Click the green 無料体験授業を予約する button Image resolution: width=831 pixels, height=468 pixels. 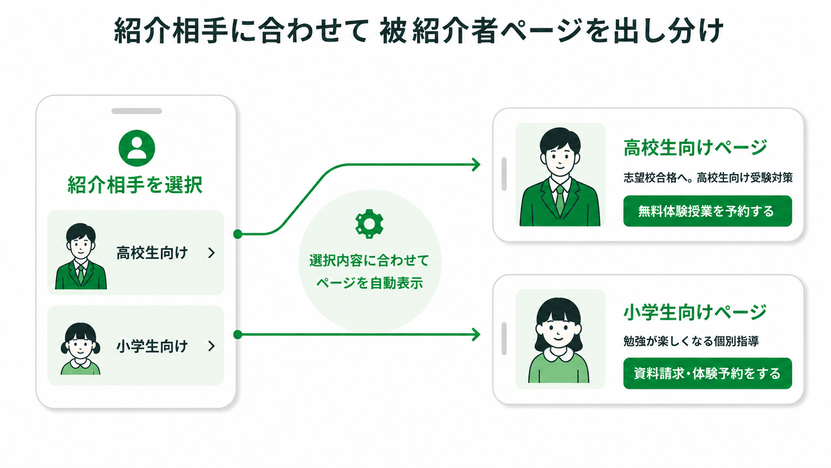tap(707, 211)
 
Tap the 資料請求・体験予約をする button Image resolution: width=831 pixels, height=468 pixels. tap(707, 374)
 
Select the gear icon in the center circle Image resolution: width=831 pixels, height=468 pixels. tap(369, 224)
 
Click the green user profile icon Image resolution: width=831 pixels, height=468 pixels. tap(137, 148)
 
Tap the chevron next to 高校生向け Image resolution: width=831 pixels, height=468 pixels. tap(211, 253)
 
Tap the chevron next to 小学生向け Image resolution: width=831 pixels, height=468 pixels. tap(211, 346)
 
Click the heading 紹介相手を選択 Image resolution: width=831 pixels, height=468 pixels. tap(135, 185)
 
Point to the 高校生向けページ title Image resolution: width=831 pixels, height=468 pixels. tap(695, 147)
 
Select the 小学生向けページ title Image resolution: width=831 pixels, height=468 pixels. tap(695, 312)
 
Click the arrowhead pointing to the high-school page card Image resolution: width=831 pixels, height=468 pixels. tap(476, 165)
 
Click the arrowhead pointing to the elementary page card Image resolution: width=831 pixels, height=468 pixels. tap(476, 334)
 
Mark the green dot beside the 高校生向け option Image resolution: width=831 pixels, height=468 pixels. tap(238, 234)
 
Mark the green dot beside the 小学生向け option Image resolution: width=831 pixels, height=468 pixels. tap(238, 334)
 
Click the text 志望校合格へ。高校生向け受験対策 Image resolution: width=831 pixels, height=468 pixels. tap(708, 178)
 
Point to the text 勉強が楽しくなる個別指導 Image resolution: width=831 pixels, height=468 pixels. tap(691, 341)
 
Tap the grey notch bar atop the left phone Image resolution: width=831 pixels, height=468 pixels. tap(137, 111)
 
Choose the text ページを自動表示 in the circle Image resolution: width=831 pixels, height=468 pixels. tap(369, 283)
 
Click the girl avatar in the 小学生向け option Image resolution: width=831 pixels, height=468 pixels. tap(81, 349)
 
